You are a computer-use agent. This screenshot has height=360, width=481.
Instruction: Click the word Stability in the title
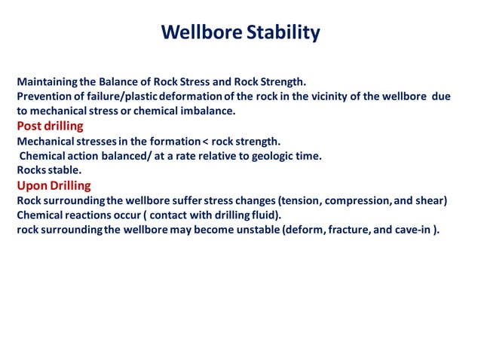click(x=284, y=33)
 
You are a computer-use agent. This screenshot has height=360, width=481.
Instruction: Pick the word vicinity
click(x=329, y=96)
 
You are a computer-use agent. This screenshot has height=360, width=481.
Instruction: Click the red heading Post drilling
click(x=50, y=126)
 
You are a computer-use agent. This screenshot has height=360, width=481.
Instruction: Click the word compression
click(x=360, y=200)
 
